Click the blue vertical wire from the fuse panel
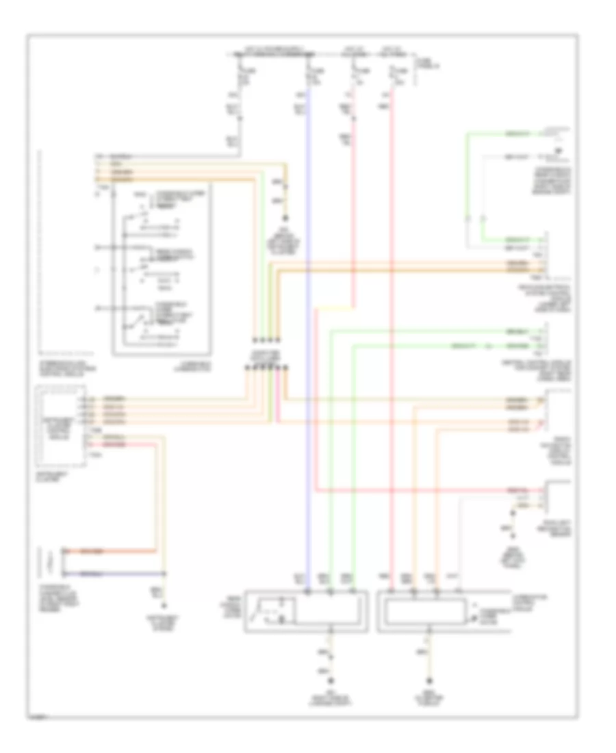308,342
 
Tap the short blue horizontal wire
113,572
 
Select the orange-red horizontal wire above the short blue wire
113,551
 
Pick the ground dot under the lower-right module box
429,681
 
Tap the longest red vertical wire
392,342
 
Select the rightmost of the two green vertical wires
354,465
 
